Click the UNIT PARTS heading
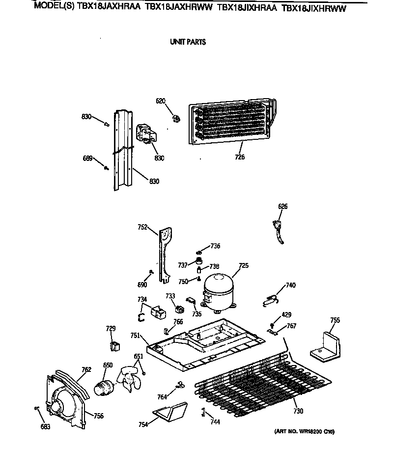click(188, 42)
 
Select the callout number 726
click(240, 157)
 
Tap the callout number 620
click(161, 101)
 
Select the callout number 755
click(335, 320)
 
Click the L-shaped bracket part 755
click(325, 345)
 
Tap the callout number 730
click(298, 411)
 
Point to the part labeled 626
click(279, 230)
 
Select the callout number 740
click(291, 285)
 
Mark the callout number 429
click(286, 314)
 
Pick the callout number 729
click(111, 328)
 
